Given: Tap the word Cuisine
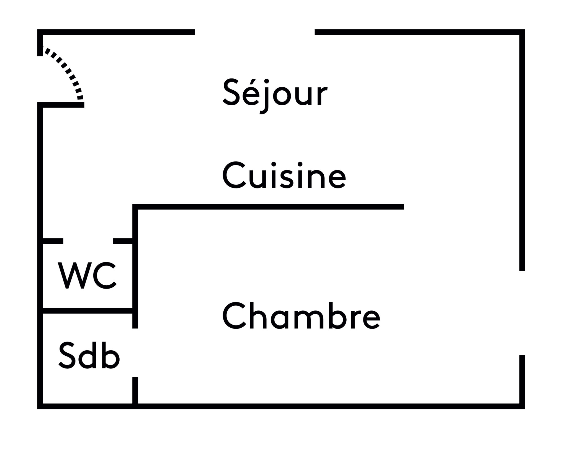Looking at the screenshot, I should coord(284,175).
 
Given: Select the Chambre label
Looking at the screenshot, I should coord(301,316).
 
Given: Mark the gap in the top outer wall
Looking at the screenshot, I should coord(255,32).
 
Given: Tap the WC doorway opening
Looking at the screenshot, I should coord(88,241).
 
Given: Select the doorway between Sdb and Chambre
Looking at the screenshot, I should coord(135,353).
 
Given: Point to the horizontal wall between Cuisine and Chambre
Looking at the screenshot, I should coord(269,207).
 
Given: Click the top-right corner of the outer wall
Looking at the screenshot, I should coord(522,32).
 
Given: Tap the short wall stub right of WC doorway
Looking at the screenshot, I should coord(123,241).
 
